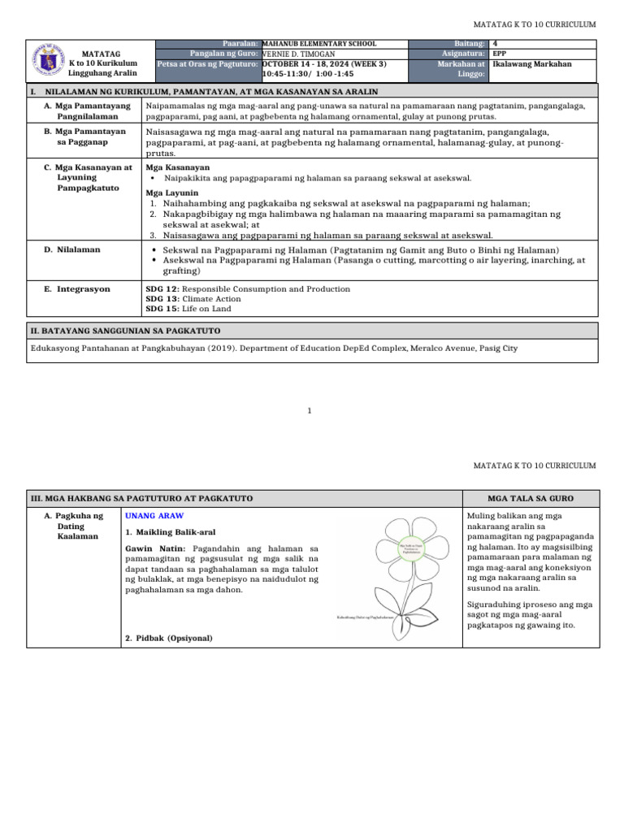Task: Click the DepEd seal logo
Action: (48, 62)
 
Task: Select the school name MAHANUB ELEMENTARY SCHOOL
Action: (319, 44)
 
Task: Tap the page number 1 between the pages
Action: (310, 410)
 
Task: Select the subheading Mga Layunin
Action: (171, 193)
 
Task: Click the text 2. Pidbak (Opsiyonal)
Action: (169, 638)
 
